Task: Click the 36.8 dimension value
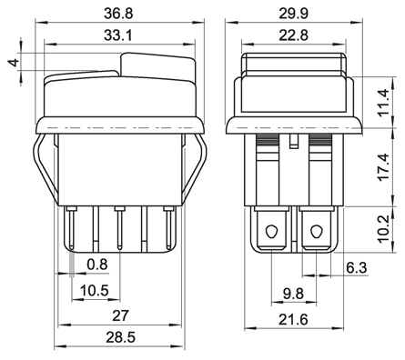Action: (118, 14)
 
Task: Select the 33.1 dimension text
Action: (118, 35)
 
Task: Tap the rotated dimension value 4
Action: (14, 63)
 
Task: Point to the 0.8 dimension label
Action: (97, 265)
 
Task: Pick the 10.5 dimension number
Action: (95, 291)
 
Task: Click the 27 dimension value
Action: (121, 316)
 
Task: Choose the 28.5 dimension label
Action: (120, 337)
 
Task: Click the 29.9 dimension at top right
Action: (293, 14)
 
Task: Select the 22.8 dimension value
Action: (293, 35)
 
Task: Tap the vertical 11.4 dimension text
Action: (383, 102)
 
